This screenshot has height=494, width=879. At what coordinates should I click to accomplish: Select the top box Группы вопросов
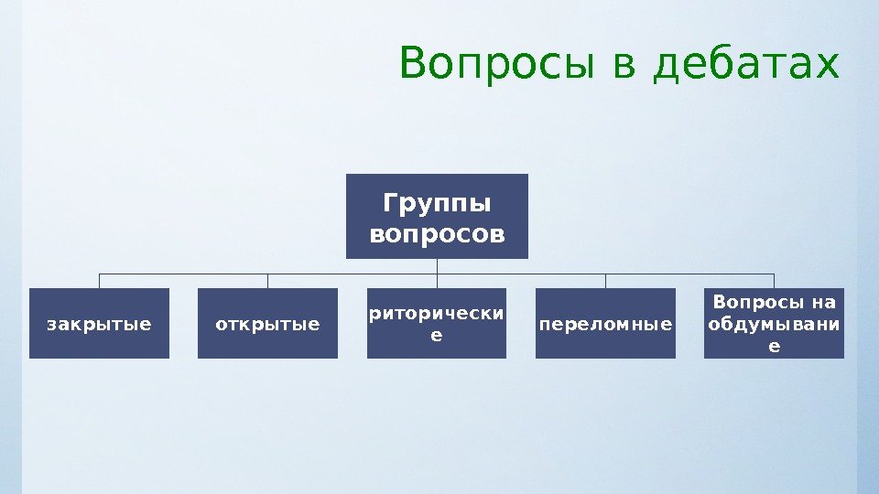[x=437, y=216]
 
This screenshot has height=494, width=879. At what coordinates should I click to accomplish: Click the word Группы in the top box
[x=437, y=201]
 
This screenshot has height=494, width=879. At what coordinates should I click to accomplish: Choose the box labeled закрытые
[x=99, y=323]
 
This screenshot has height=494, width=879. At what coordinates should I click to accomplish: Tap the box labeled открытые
[x=267, y=323]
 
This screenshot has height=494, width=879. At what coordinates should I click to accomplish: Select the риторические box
[x=436, y=323]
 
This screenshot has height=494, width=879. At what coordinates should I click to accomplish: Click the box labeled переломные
[x=605, y=323]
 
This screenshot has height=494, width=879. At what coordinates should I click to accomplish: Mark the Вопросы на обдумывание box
[x=775, y=323]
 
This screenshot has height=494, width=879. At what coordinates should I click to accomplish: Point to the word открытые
[x=267, y=324]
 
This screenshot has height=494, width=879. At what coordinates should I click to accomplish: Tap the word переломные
[x=605, y=324]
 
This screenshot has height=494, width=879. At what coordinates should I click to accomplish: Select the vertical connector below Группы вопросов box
[x=437, y=265]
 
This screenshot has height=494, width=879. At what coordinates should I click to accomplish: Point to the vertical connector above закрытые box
[x=99, y=281]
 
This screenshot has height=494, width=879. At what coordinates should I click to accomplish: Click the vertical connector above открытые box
[x=267, y=281]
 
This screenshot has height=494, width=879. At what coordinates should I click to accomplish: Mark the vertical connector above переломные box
[x=605, y=281]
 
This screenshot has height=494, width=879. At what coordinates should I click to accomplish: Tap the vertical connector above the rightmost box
[x=775, y=281]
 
